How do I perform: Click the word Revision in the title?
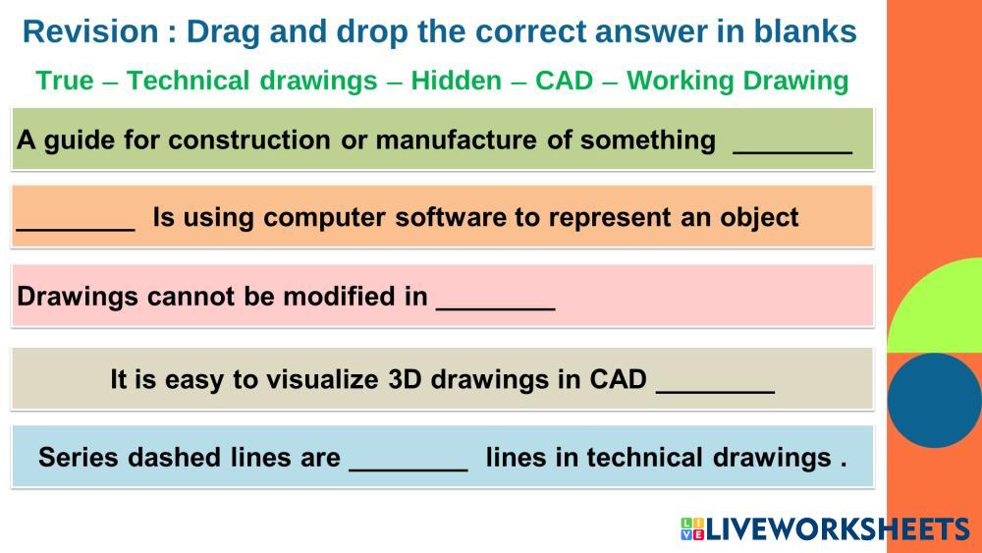(x=90, y=32)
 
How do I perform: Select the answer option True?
(x=65, y=81)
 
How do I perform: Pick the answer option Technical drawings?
(x=251, y=81)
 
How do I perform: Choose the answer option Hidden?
(x=456, y=81)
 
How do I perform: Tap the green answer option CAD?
(x=564, y=81)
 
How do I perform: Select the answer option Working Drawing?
(x=737, y=81)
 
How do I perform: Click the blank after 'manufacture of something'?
(x=792, y=151)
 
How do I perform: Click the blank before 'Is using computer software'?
(x=76, y=229)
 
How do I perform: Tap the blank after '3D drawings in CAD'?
(x=715, y=391)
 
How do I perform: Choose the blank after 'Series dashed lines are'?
(x=409, y=470)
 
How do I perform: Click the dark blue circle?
(x=934, y=400)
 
